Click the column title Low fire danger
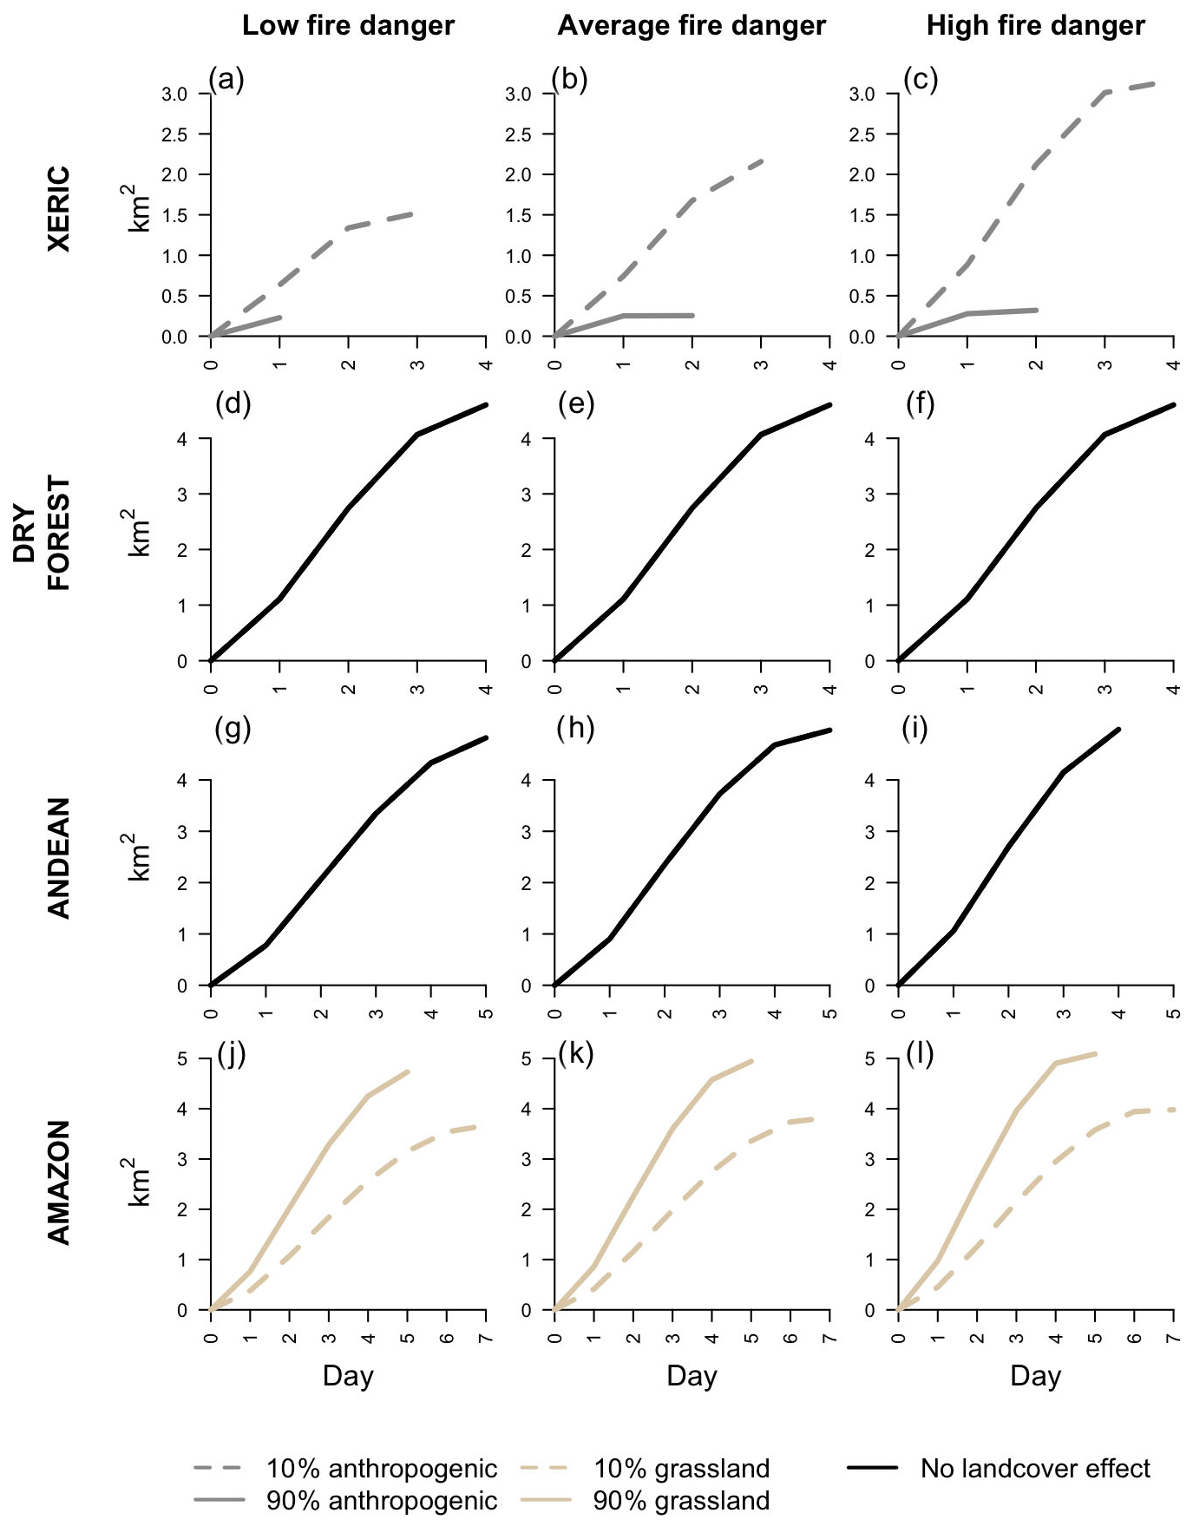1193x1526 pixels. point(348,26)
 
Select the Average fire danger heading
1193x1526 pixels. point(692,26)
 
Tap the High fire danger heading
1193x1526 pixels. point(1035,26)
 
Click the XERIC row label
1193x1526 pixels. point(58,209)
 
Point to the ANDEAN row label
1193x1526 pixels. point(58,856)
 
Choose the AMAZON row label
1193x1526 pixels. point(58,1182)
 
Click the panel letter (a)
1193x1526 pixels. point(226,80)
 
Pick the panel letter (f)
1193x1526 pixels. point(920,404)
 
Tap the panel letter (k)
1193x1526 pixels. point(575,1054)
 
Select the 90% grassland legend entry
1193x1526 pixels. point(681,1501)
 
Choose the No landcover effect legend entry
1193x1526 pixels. point(1034,1468)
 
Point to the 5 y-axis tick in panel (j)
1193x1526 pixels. point(181,1058)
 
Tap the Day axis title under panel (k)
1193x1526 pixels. point(692,1376)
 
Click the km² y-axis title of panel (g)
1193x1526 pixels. point(138,856)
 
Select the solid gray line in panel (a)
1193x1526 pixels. point(252,325)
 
